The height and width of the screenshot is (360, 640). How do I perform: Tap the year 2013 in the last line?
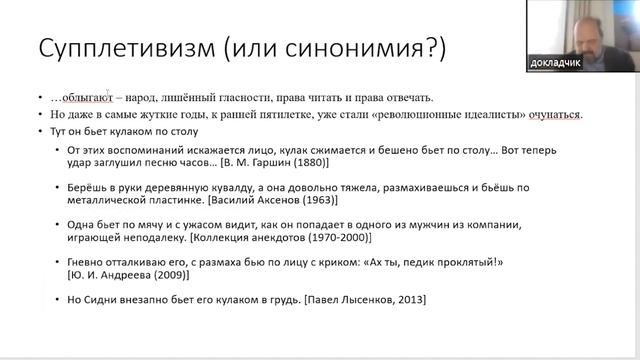click(401, 301)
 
